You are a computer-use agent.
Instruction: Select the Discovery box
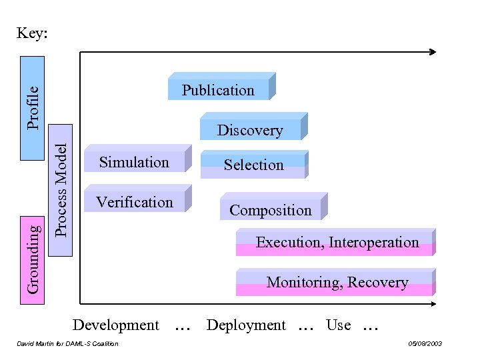tap(250, 130)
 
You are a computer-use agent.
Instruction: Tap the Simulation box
tap(135, 162)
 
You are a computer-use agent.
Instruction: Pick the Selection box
tap(253, 165)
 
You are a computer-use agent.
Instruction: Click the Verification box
tap(135, 202)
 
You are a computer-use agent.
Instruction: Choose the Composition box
tap(271, 210)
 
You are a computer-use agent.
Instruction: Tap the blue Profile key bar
tap(33, 109)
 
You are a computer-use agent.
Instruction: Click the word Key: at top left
tap(32, 33)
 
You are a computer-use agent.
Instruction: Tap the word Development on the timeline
tap(116, 325)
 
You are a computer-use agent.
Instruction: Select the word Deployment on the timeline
tap(246, 325)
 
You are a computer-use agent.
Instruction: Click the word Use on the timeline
tap(338, 325)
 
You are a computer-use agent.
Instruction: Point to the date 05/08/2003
tap(425, 344)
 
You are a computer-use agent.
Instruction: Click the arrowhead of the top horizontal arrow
tap(433, 51)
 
